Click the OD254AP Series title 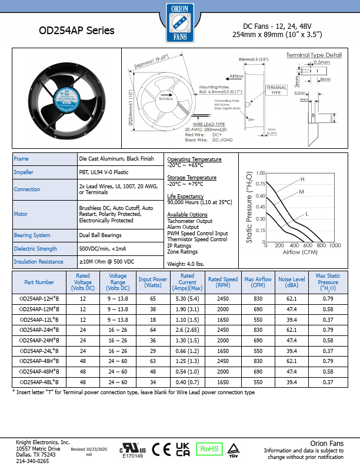click(76, 31)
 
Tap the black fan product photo click(65, 99)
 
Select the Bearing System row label click(32, 235)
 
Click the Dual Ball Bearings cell click(100, 235)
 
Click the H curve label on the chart click(302, 179)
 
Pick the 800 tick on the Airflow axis click(321, 245)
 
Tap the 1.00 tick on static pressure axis click(261, 174)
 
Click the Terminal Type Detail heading click(314, 55)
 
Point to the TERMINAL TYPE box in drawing click(276, 90)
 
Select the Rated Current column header click(188, 282)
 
